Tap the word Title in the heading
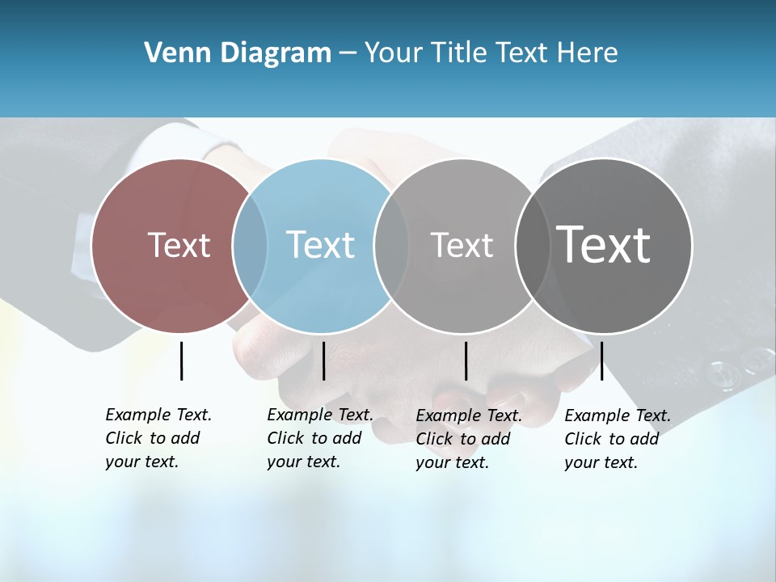click(x=460, y=53)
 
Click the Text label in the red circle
click(x=179, y=245)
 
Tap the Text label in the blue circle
click(x=320, y=245)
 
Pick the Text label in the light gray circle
click(x=462, y=245)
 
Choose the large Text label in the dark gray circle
click(x=604, y=245)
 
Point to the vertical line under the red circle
click(x=181, y=361)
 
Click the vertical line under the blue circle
click(x=323, y=361)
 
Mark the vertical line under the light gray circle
click(x=466, y=361)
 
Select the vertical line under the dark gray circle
click(x=601, y=361)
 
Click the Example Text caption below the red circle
click(x=158, y=438)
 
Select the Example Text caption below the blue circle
click(x=320, y=438)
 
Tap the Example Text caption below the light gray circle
click(x=469, y=439)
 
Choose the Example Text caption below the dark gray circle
click(x=618, y=439)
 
